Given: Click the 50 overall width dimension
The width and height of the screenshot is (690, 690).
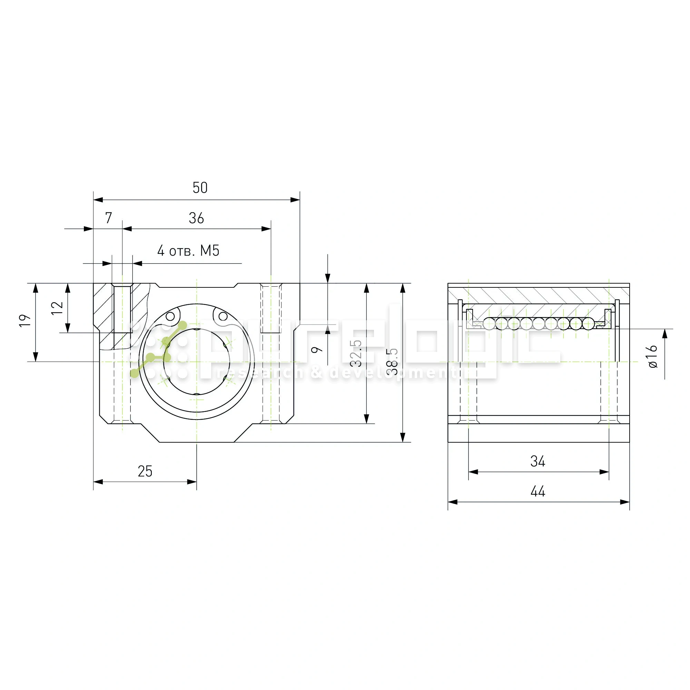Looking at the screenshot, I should point(200,187).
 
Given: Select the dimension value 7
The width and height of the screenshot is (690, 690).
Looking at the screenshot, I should point(109,218).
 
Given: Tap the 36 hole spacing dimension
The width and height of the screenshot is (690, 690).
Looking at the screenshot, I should point(196,218).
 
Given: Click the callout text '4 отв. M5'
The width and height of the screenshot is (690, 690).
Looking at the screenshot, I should point(188,251).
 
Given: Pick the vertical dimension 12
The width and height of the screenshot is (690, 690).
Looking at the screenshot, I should point(57,308).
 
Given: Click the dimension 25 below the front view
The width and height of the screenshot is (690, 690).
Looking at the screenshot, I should point(145,471).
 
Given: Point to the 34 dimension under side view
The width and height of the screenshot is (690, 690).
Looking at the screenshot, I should point(538,461).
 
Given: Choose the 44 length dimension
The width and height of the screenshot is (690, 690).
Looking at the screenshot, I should point(538,491).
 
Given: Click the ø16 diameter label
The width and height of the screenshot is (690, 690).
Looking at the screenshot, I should point(652,356).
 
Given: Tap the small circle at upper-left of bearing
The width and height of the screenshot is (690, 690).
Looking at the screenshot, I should point(170,316).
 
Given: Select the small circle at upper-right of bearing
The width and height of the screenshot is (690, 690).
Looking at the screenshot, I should point(223,316).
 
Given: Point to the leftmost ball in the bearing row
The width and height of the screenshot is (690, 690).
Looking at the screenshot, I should point(489,324).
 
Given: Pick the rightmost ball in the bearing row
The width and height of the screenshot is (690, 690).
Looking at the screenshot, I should point(588,324).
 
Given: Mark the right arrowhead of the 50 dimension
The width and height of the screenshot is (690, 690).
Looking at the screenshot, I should point(295,200).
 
